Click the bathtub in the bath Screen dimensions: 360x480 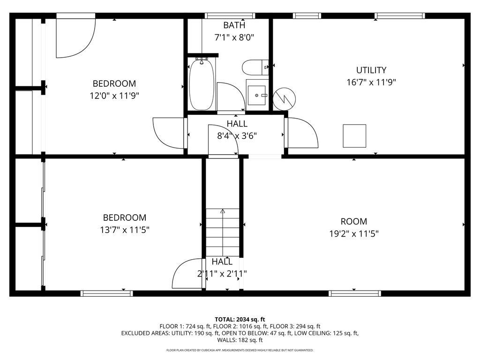click(x=202, y=84)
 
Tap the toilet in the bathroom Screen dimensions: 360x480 click(x=255, y=67)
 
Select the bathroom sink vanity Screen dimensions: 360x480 click(x=257, y=95)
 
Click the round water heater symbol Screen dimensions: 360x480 click(x=284, y=97)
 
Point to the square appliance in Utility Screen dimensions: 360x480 click(x=354, y=136)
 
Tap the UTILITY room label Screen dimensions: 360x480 click(x=371, y=70)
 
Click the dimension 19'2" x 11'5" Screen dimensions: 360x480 click(x=353, y=233)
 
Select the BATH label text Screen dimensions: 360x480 click(x=234, y=25)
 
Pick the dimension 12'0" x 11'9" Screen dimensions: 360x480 click(x=114, y=96)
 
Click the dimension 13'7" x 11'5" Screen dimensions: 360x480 click(x=125, y=230)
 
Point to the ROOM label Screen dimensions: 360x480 click(x=354, y=221)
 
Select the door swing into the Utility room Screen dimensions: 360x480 click(x=302, y=133)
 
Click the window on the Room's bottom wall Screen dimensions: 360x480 click(x=354, y=293)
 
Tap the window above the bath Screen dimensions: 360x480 click(x=230, y=16)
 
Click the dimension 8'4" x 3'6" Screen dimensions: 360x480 click(x=237, y=136)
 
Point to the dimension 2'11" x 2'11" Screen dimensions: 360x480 click(x=222, y=273)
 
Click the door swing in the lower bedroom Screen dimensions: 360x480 click(x=188, y=274)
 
